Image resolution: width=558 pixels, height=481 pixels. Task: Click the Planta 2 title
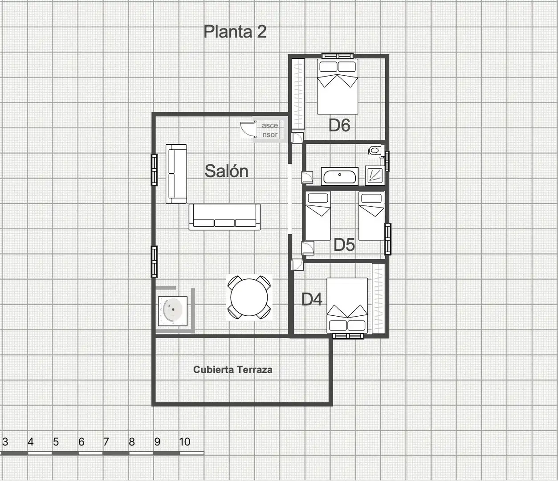(x=235, y=32)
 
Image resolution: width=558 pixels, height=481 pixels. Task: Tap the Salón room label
(x=226, y=171)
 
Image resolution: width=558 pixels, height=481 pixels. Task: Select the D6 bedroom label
(x=339, y=125)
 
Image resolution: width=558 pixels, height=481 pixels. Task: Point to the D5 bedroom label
(x=344, y=245)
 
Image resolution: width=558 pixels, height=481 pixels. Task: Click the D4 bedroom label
(x=312, y=299)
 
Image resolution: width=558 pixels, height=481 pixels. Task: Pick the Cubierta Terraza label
(x=233, y=370)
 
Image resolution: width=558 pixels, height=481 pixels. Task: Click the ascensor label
(x=270, y=130)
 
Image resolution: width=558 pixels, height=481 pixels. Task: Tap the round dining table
(x=249, y=297)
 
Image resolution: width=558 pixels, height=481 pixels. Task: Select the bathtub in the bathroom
(x=340, y=176)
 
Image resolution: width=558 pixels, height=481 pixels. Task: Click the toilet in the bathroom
(x=376, y=151)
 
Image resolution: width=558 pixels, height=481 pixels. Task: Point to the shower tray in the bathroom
(x=375, y=175)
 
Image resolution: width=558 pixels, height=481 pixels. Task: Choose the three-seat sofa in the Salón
(x=224, y=217)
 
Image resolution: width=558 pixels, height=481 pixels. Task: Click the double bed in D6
(x=338, y=86)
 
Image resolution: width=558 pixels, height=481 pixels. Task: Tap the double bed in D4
(x=347, y=306)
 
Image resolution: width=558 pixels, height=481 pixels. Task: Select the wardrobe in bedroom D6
(x=298, y=94)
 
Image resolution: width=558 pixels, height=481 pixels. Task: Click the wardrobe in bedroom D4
(x=378, y=298)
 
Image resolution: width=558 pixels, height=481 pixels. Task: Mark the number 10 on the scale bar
(x=185, y=442)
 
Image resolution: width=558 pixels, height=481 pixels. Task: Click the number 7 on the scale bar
(x=106, y=442)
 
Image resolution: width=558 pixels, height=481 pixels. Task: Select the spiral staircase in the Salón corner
(x=172, y=311)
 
